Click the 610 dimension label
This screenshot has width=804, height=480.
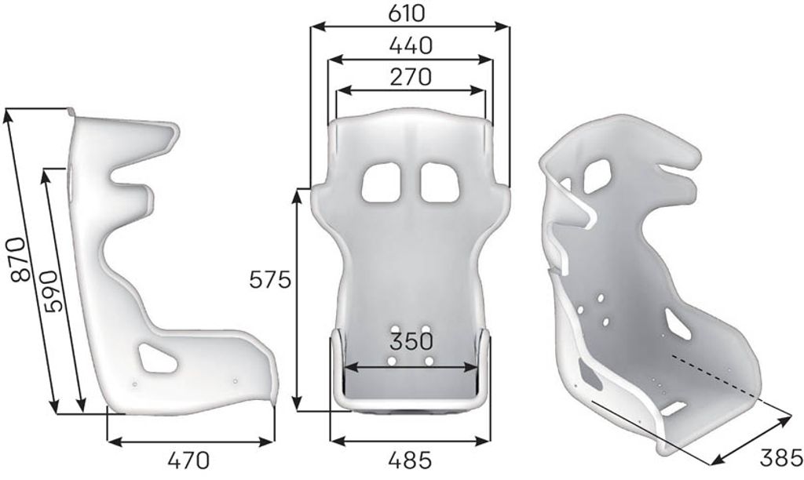(x=407, y=14)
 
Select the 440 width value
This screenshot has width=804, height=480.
(x=411, y=45)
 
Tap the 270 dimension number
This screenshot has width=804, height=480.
(x=411, y=77)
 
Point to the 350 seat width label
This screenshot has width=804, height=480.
(x=411, y=341)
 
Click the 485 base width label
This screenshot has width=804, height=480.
(x=410, y=460)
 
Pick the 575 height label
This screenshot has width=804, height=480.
(x=270, y=280)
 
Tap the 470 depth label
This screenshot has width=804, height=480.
(x=188, y=460)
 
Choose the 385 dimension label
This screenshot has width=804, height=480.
(x=780, y=458)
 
